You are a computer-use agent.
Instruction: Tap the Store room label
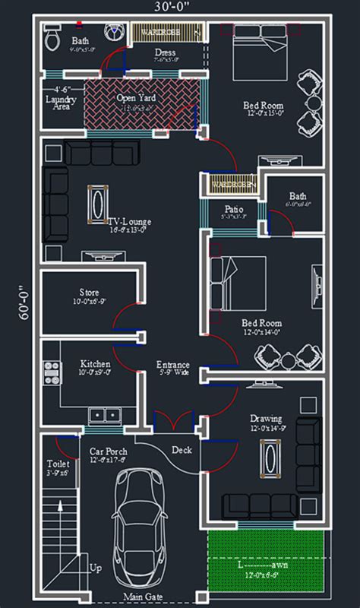pyautogui.click(x=89, y=293)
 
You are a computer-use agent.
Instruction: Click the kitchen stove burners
pyautogui.click(x=52, y=372)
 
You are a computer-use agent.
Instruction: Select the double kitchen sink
pyautogui.click(x=103, y=415)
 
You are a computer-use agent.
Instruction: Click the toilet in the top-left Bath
pyautogui.click(x=52, y=35)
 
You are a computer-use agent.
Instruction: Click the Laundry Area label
pyautogui.click(x=58, y=103)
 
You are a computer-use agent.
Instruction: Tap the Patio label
pyautogui.click(x=233, y=209)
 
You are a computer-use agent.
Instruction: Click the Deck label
pyautogui.click(x=182, y=450)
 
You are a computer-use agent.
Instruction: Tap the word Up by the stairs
pyautogui.click(x=95, y=567)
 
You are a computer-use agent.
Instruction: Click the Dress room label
pyautogui.click(x=165, y=53)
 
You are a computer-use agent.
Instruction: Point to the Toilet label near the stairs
pyautogui.click(x=58, y=464)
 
